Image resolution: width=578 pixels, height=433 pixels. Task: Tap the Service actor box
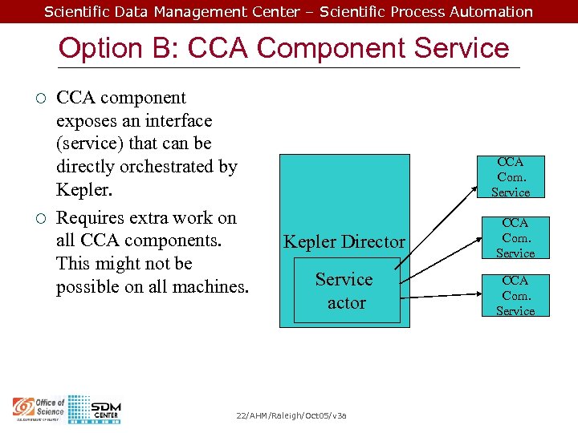(x=346, y=291)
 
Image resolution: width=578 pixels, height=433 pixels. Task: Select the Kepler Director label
(x=344, y=241)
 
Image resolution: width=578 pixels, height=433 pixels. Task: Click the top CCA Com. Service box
(x=511, y=176)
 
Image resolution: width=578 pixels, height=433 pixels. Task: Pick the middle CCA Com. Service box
(x=515, y=237)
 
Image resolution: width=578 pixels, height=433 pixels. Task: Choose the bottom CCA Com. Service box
(x=515, y=295)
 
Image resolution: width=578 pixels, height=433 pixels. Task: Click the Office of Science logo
(x=39, y=408)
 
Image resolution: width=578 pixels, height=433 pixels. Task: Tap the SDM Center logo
(x=95, y=409)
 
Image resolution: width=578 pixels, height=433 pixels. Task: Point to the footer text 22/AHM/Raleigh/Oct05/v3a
(x=291, y=415)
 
